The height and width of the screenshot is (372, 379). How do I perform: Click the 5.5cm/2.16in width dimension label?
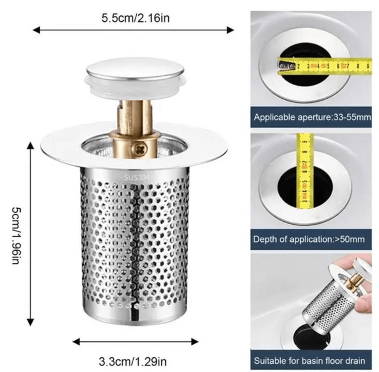pos(136,18)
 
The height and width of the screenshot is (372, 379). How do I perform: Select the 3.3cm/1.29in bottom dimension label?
pos(133,362)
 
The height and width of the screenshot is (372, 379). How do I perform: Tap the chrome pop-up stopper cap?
pos(135,69)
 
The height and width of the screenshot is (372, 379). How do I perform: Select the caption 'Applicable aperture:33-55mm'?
pos(312,117)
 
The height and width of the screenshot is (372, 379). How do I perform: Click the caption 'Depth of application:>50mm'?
pos(309,240)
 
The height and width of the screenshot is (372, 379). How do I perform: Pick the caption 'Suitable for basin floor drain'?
pos(309,361)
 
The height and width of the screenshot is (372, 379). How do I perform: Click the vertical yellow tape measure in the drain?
pos(304,170)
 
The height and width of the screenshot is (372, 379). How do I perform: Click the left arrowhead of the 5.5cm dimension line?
pos(36,30)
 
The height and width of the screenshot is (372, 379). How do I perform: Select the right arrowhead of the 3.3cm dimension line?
pos(195,342)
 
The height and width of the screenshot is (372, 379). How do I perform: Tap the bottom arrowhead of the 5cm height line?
pos(30,322)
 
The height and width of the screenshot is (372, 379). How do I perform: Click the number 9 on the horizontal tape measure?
pos(368,66)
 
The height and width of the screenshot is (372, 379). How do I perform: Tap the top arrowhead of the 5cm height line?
pos(30,146)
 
